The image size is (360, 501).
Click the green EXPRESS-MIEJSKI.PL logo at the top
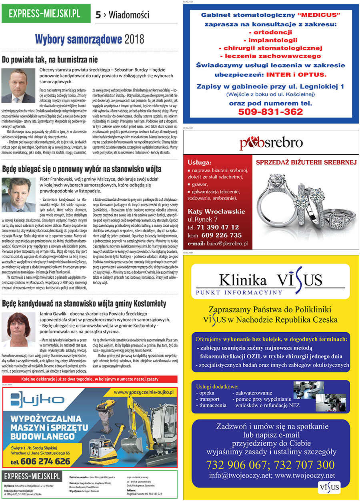[44, 13]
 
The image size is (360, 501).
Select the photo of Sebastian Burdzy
[18, 86]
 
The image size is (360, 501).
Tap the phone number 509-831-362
[270, 112]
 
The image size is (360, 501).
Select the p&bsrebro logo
[271, 143]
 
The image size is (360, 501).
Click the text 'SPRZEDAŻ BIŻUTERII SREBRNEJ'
[306, 162]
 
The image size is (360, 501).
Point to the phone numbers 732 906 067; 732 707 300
[270, 465]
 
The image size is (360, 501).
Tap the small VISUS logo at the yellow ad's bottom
[329, 487]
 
